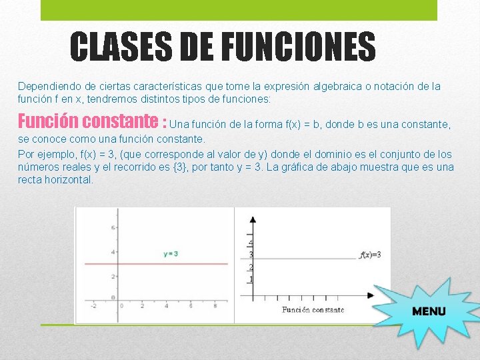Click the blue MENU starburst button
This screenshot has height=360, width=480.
click(428, 311)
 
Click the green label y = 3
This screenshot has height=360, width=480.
click(171, 253)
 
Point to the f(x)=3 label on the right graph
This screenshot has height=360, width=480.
click(370, 255)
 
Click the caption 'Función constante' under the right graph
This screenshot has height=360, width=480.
click(313, 310)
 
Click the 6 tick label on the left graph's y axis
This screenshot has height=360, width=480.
click(114, 228)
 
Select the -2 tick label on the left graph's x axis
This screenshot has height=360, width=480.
click(93, 306)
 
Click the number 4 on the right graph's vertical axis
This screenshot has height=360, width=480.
click(250, 243)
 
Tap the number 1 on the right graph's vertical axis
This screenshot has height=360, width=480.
click(250, 279)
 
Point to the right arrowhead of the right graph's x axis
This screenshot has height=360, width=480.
click(371, 295)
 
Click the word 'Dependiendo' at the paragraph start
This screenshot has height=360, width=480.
click(47, 87)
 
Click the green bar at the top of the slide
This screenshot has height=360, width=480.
click(239, 9)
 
